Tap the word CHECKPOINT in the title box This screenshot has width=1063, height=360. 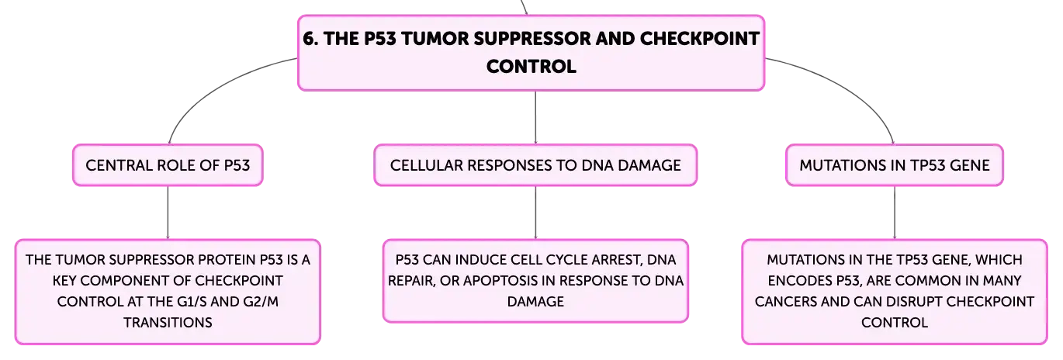(x=700, y=39)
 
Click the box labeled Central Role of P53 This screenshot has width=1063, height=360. (x=168, y=165)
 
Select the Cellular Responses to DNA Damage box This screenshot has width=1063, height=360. (x=535, y=165)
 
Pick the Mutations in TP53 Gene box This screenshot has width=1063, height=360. (x=895, y=165)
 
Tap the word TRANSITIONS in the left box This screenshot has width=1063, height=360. (x=168, y=323)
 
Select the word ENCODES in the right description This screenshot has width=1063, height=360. (x=800, y=281)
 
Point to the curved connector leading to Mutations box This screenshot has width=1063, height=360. (x=850, y=88)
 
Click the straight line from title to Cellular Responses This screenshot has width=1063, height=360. (x=535, y=117)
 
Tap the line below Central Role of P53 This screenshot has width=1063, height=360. (x=168, y=213)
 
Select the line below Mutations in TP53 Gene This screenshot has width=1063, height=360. (x=895, y=213)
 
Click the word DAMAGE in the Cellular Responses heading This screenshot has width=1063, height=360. (x=649, y=165)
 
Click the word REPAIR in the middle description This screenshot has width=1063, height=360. (x=411, y=281)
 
